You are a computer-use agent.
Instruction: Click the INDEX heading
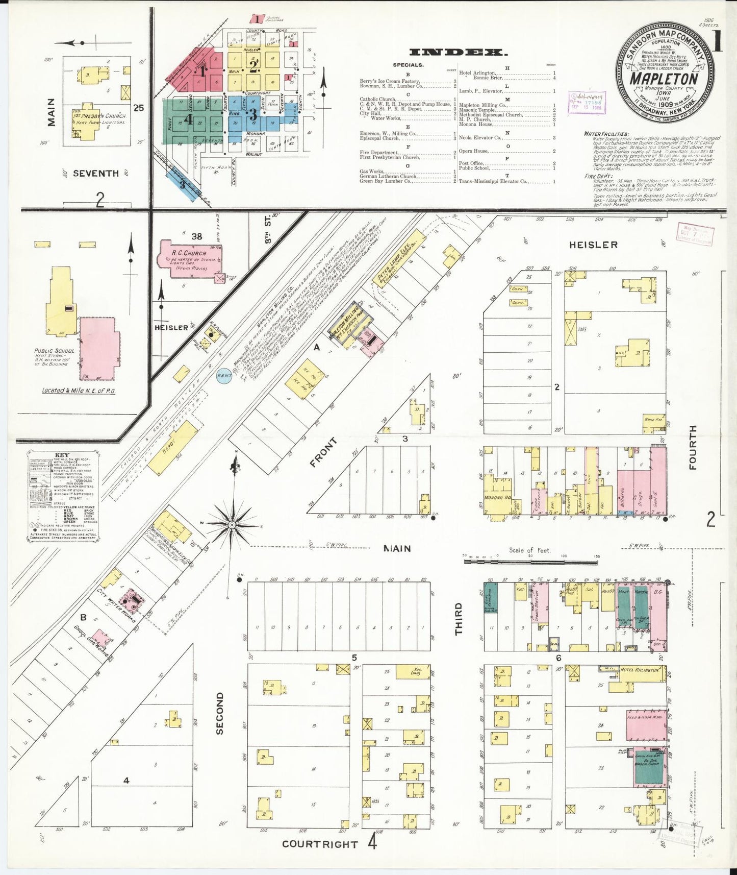(x=458, y=52)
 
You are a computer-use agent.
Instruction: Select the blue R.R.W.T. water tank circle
(x=224, y=375)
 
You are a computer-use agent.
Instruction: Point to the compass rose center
(x=232, y=524)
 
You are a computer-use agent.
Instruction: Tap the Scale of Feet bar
(x=530, y=562)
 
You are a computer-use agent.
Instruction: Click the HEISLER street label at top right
(x=593, y=245)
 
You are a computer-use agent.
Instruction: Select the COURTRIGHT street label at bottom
(x=320, y=844)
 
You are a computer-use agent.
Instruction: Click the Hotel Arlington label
(x=639, y=669)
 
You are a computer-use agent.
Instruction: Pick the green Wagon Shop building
(x=650, y=770)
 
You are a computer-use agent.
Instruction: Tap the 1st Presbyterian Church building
(x=89, y=123)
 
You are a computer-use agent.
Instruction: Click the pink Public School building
(x=99, y=347)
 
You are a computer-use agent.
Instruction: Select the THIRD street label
(x=459, y=619)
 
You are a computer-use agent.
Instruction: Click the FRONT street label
(x=323, y=453)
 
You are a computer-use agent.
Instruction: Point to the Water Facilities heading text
(x=606, y=134)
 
